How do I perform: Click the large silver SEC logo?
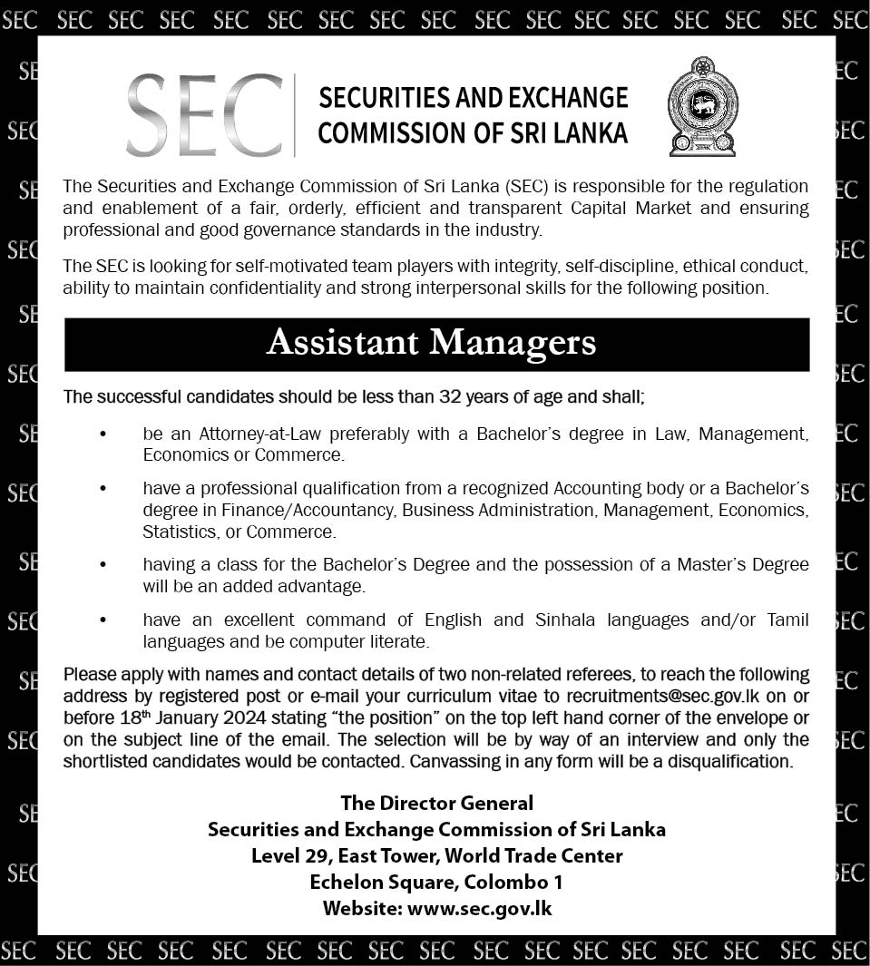click(204, 115)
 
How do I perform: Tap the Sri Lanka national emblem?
click(703, 106)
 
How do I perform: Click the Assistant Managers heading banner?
click(436, 344)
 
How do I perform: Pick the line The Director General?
click(436, 803)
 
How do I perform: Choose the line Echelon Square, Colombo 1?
click(436, 882)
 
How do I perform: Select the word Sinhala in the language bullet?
click(566, 620)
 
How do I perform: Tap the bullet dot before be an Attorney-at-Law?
click(103, 434)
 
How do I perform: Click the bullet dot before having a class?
click(103, 565)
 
